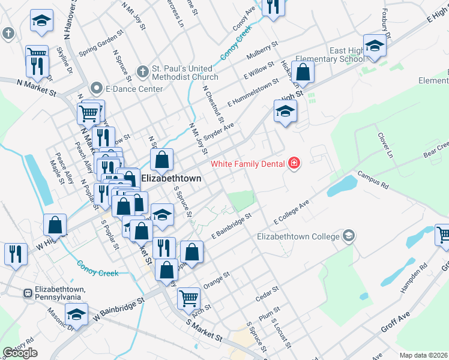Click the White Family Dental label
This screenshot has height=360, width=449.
point(249,164)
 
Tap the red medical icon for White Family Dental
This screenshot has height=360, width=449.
point(294,163)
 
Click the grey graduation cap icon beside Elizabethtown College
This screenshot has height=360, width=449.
point(349,235)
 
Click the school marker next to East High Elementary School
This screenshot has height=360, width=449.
point(375,46)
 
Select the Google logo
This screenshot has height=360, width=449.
point(20,353)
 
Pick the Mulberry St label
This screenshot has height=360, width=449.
point(262,52)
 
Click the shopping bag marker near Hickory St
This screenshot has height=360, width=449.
point(304,73)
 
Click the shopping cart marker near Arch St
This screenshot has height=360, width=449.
point(188,296)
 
